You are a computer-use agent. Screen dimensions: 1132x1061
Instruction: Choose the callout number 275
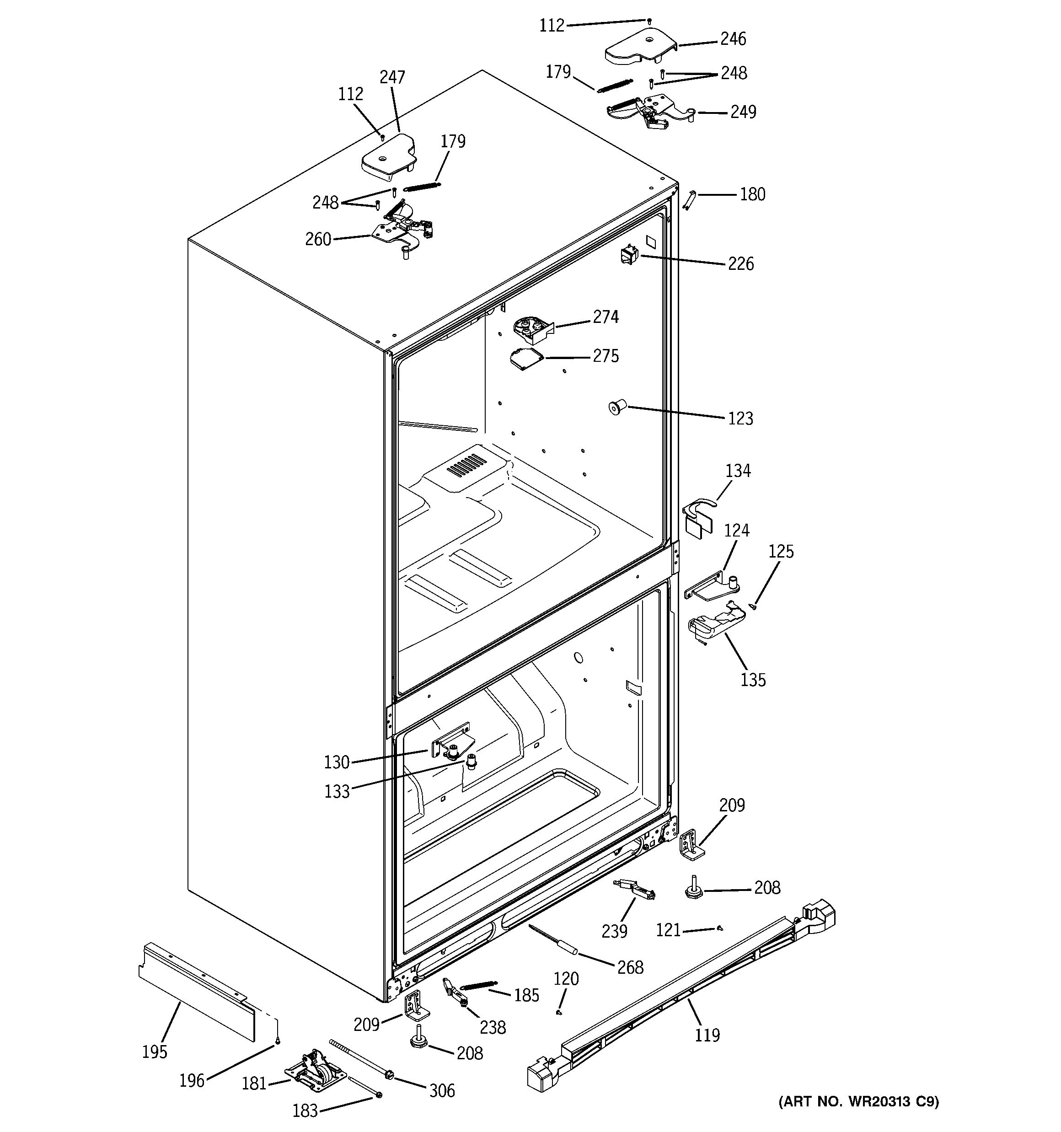point(606,356)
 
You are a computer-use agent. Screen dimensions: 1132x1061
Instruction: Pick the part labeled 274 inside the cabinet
point(533,330)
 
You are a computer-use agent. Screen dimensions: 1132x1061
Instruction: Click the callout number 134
point(738,471)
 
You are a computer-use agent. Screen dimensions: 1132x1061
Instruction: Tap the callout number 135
point(753,679)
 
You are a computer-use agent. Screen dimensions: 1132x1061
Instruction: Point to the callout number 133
point(337,792)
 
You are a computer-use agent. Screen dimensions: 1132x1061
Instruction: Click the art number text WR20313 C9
point(858,1117)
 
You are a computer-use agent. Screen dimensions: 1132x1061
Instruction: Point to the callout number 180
point(752,194)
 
